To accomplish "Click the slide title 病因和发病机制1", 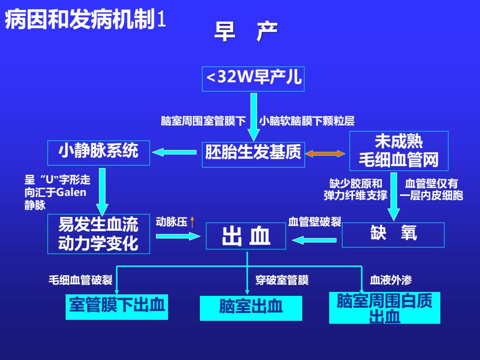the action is coord(85,20).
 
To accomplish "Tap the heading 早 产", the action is coord(246,31).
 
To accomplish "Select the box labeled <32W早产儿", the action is coord(253,79).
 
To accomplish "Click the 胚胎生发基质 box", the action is coord(253,155).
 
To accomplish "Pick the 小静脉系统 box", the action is coord(98,153).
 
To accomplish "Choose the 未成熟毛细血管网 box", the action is coord(399,151).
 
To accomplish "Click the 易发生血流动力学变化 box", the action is coord(98,234).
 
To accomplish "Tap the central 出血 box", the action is coord(246,236).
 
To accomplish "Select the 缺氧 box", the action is coord(393,235).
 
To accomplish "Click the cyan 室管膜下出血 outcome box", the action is coord(117,307).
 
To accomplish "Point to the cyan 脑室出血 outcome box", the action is coord(251,308).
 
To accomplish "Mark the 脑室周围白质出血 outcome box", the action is coord(384,308).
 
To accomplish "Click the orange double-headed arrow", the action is coord(325,154).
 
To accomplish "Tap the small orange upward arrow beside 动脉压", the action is coord(192,222).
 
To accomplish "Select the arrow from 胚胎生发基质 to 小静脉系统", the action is coord(174,152).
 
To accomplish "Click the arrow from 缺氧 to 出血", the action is coord(314,240).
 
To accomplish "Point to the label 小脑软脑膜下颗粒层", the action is coord(307,121).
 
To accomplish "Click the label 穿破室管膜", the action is coord(282,280).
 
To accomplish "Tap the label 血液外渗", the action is coord(391,280).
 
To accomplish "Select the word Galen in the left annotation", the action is coord(71,192).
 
